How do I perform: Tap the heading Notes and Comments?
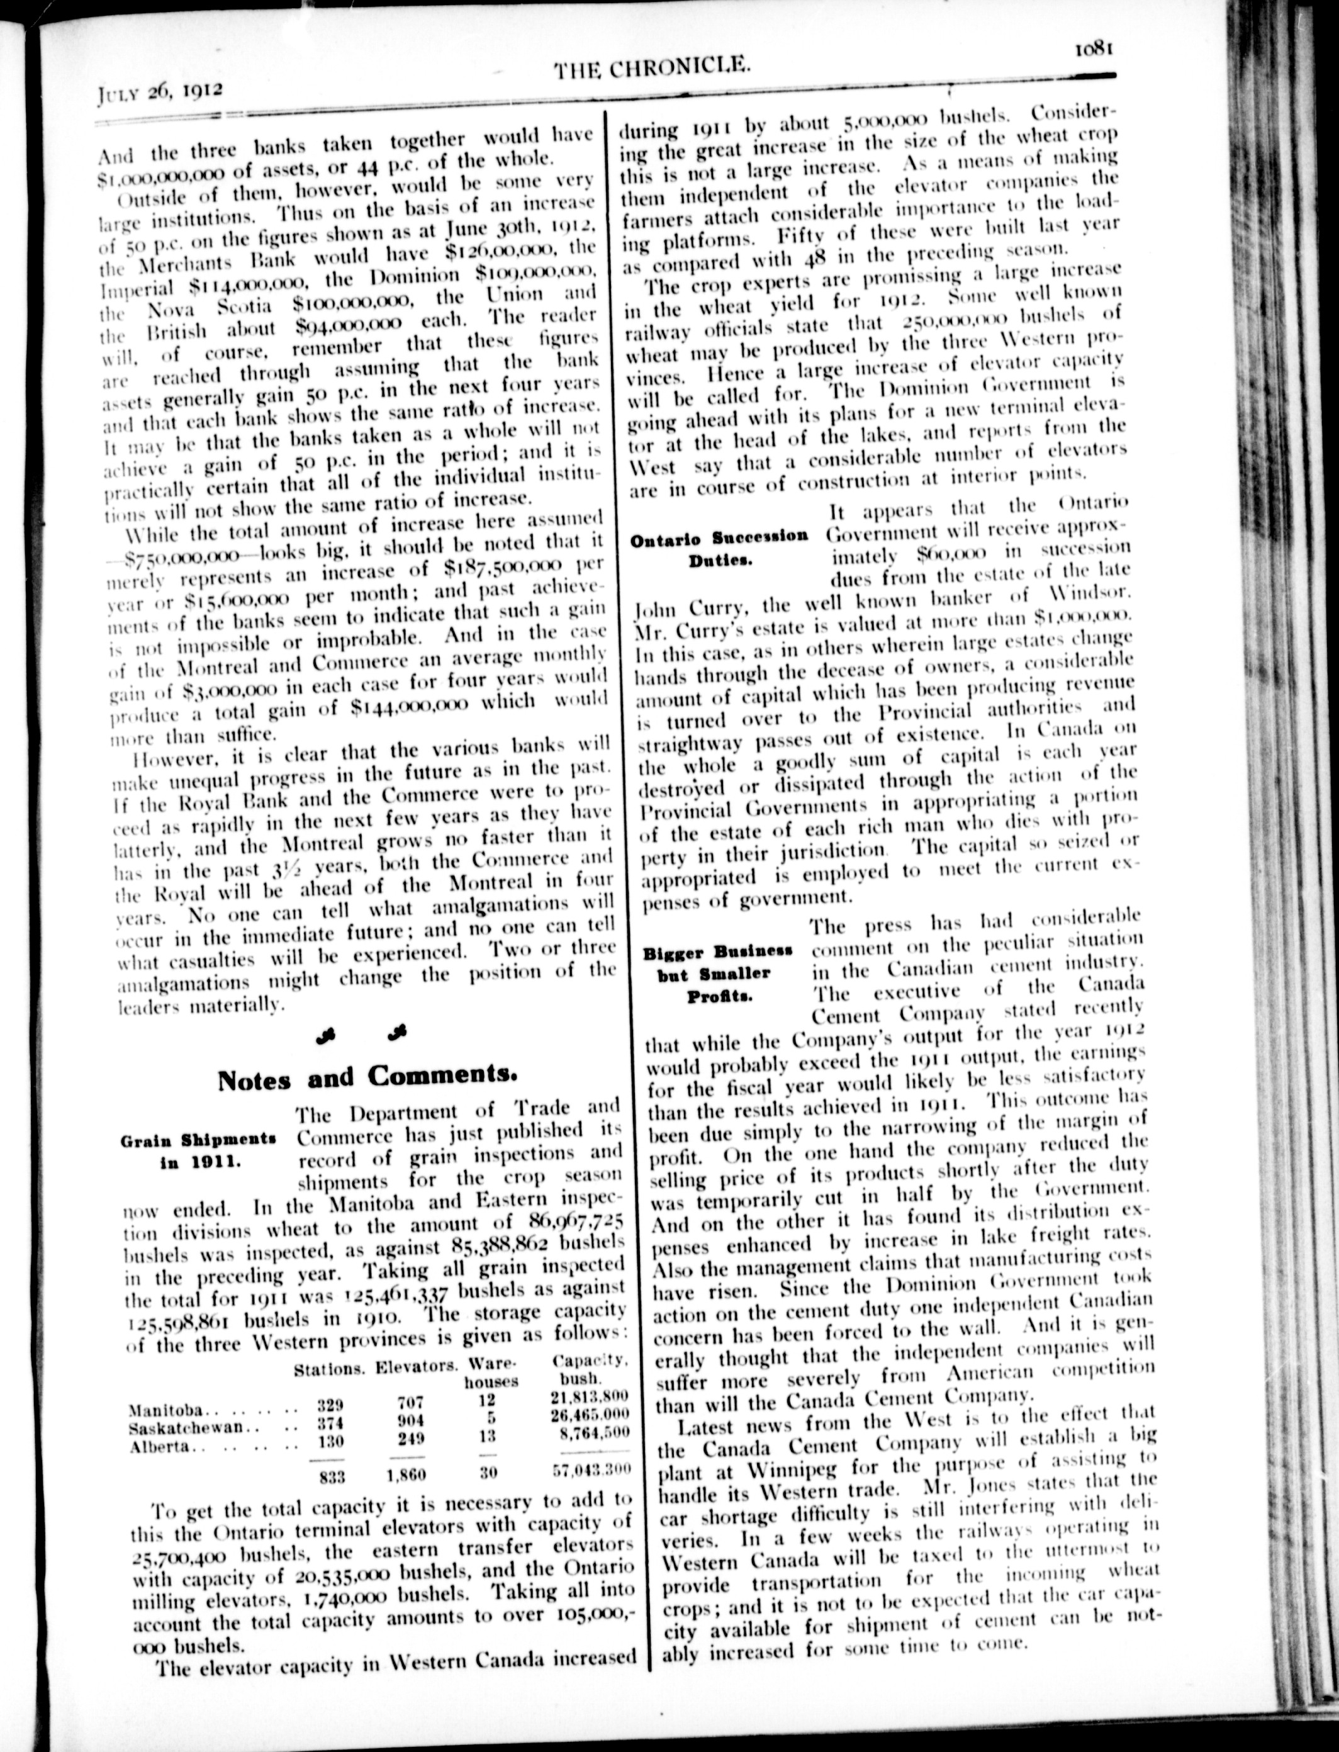coord(367,1077)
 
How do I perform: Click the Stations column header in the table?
coord(329,1369)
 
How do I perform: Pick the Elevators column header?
coord(416,1367)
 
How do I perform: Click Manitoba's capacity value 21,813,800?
coord(590,1396)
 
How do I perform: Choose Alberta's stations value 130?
coord(329,1441)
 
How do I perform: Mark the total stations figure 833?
coord(332,1476)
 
